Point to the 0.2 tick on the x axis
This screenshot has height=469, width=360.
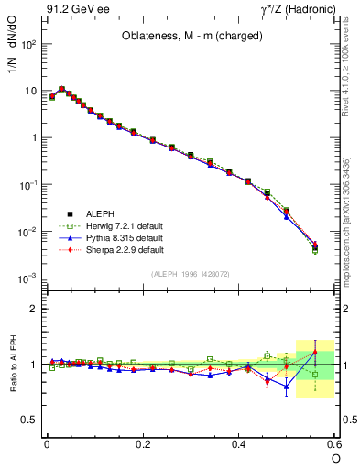pos(143,444)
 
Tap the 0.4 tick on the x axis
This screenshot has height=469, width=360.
pos(239,444)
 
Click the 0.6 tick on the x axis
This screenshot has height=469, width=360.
pos(334,444)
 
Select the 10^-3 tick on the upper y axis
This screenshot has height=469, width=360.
pos(29,278)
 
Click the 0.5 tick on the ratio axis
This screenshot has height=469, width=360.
pos(32,420)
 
